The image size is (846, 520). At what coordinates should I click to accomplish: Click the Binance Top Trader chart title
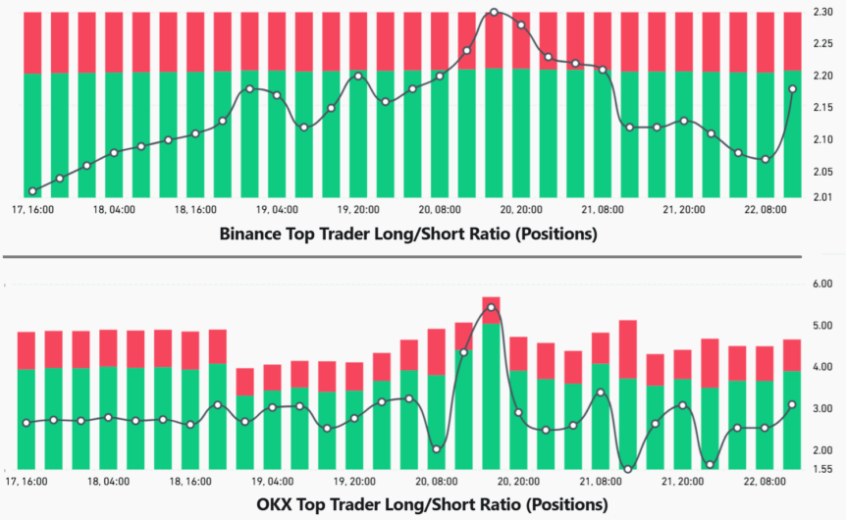pos(408,234)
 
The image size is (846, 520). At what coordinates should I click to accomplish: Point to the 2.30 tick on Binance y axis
pos(823,12)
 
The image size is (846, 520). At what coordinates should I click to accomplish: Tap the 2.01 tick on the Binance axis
pos(823,197)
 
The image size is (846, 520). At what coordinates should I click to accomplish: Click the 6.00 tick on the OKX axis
pos(821,285)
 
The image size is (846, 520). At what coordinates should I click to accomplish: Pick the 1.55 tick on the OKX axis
pos(821,469)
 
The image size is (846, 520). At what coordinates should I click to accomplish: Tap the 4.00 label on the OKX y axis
pos(821,367)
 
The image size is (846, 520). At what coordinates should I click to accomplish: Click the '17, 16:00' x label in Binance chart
pos(31,209)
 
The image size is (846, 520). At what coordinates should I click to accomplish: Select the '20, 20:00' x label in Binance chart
pos(521,209)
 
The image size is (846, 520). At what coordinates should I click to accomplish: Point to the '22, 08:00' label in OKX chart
pos(766,482)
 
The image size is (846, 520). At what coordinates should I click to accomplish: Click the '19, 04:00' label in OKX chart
pos(277,482)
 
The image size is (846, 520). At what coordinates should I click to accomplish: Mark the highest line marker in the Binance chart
pos(494,13)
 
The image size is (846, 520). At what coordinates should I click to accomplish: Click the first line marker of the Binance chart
pos(33,191)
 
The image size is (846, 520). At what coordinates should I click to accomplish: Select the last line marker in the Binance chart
pos(793,89)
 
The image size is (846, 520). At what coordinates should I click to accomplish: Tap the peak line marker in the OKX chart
pos(492,308)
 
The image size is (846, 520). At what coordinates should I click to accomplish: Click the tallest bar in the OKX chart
pos(492,383)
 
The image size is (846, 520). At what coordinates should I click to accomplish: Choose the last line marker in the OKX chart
pos(792,404)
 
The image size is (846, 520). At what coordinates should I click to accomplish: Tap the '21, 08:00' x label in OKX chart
pos(603,482)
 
